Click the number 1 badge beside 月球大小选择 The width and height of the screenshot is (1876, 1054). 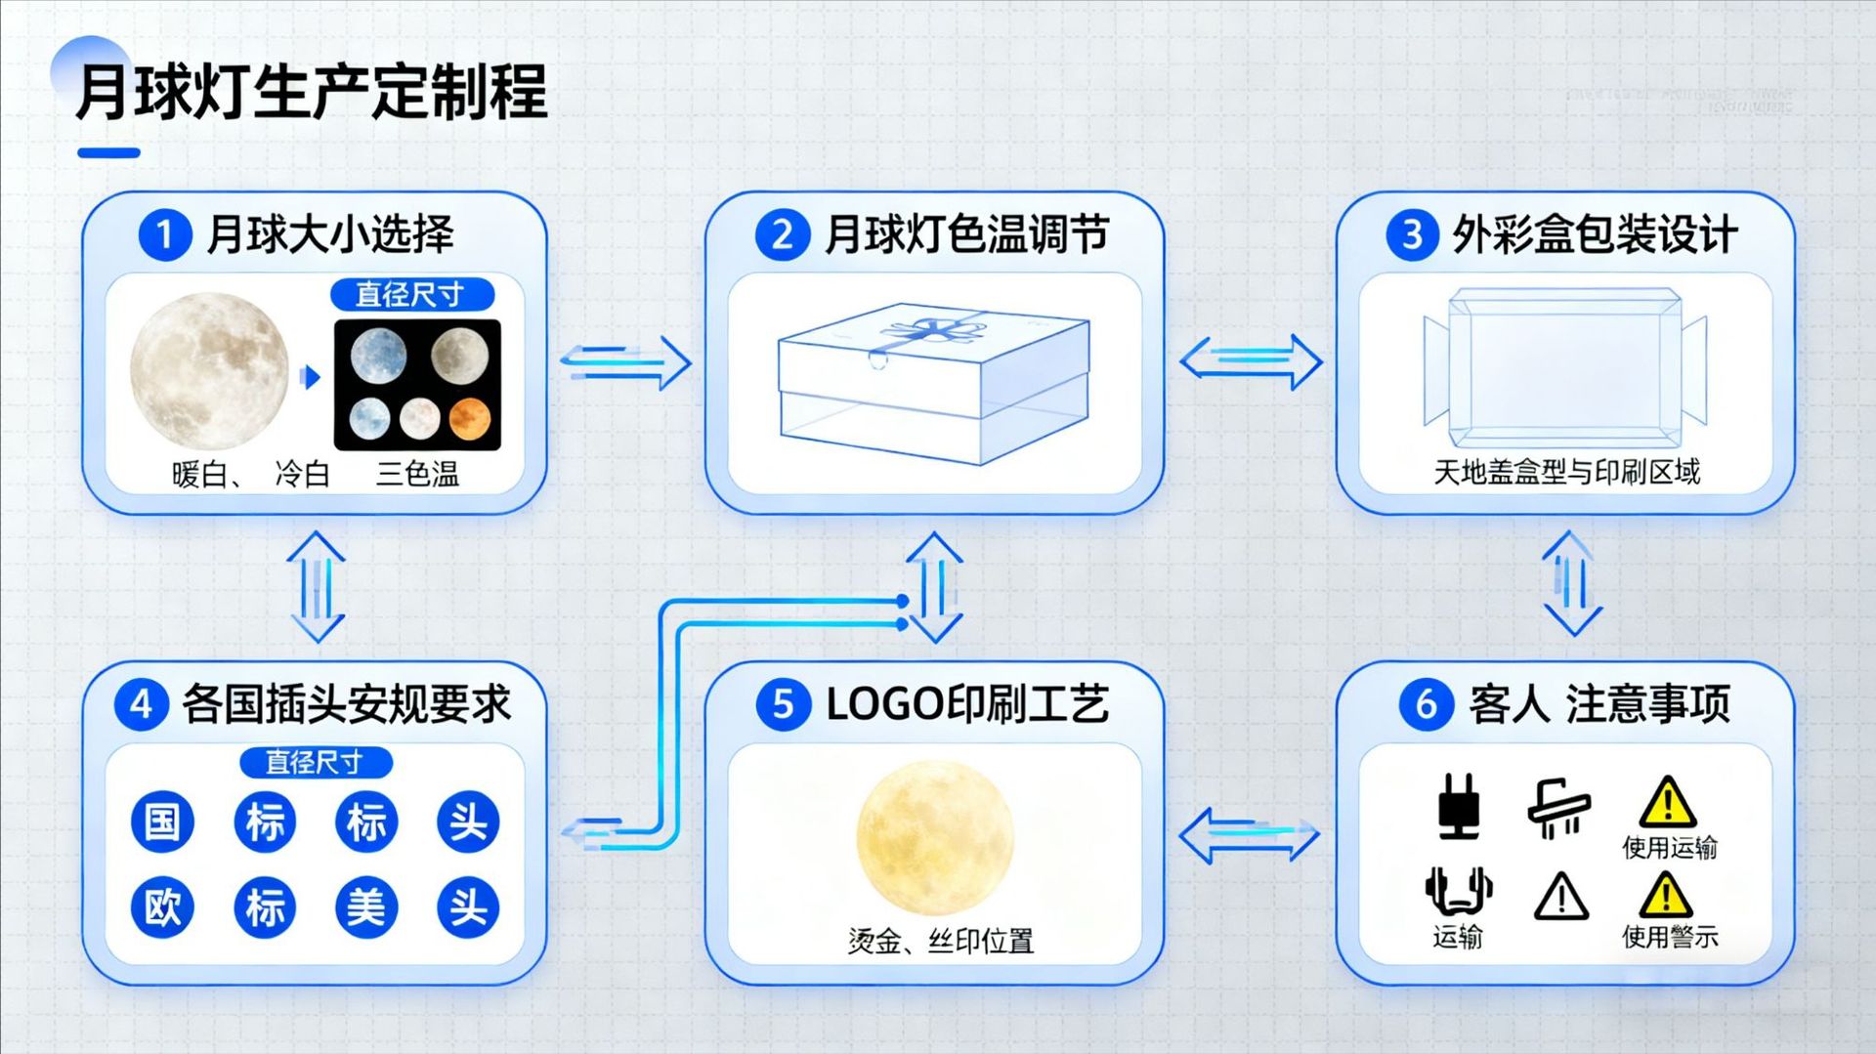tap(164, 235)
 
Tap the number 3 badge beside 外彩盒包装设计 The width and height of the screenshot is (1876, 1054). tap(1411, 235)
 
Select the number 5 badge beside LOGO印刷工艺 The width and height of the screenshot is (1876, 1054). tap(783, 704)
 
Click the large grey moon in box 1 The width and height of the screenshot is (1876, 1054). tap(209, 371)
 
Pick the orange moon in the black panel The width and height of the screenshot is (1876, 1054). tap(469, 418)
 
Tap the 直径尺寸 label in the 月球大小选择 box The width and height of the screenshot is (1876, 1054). tap(411, 294)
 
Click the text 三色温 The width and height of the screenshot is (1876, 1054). tap(417, 475)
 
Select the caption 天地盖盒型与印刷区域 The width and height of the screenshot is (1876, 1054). tap(1566, 473)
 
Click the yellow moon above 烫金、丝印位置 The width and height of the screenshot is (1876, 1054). tap(935, 837)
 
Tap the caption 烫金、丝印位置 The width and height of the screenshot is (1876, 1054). tap(940, 941)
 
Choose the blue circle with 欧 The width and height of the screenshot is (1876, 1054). tap(162, 907)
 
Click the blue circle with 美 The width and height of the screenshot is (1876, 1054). tap(366, 907)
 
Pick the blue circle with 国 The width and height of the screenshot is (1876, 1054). tap(162, 821)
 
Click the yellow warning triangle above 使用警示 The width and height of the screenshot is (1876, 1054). tap(1666, 894)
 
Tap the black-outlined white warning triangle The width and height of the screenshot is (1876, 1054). tap(1560, 897)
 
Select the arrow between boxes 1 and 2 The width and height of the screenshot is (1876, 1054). tap(626, 362)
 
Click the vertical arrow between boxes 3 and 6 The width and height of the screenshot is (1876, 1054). tap(1571, 584)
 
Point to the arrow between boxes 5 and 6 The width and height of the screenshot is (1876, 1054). tap(1249, 834)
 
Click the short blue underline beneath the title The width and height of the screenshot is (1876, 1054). tap(108, 152)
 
